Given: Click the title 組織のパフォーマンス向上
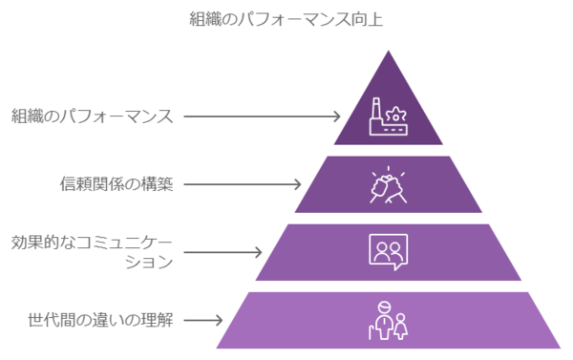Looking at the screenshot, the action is [286, 19].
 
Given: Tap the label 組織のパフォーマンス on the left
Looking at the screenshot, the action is [92, 116].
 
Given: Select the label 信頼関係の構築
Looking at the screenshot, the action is [117, 184].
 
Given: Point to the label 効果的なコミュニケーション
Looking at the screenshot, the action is [92, 252].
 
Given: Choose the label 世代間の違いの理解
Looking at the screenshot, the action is [100, 320].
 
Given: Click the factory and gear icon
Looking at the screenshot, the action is [388, 116].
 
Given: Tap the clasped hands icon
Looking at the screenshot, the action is [388, 184].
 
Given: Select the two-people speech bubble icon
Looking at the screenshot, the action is [388, 252].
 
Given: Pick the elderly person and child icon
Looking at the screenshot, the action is [388, 321].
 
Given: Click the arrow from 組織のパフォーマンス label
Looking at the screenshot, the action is [262, 116].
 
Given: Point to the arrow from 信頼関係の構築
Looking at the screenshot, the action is [243, 184].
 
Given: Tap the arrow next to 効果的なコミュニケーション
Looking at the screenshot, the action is [223, 252].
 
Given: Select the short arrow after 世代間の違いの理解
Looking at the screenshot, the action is [203, 320].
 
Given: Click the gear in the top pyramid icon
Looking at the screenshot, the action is [395, 114].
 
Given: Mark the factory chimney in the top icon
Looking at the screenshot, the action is [375, 109].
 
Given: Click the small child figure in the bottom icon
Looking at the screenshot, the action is [401, 327].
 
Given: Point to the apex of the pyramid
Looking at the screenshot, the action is [388, 51].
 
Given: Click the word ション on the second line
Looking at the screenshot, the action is [149, 262].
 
